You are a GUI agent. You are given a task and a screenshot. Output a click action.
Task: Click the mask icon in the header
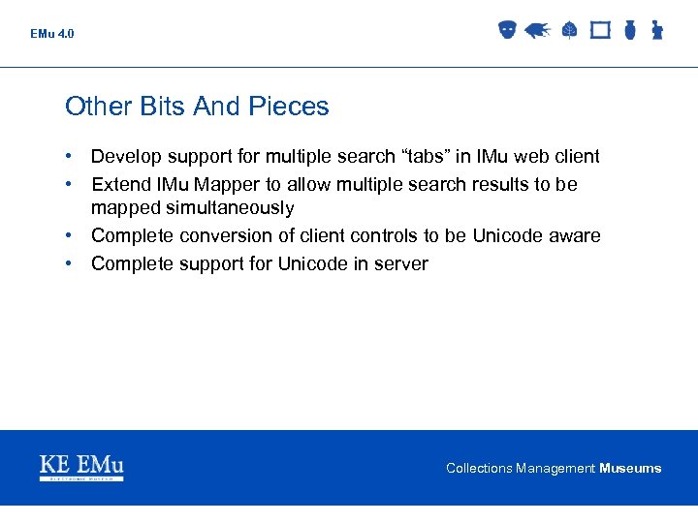tap(507, 31)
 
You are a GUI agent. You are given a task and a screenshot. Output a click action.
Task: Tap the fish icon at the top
tap(537, 31)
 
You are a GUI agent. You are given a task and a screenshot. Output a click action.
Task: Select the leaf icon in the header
tap(569, 31)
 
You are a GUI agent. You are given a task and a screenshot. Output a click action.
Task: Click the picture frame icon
tap(600, 31)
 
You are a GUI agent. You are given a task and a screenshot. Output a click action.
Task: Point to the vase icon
tap(629, 31)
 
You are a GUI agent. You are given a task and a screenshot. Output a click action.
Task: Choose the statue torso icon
tap(656, 31)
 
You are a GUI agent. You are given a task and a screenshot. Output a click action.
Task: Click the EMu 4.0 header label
tap(51, 34)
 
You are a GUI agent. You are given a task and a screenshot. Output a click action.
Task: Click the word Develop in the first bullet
tap(125, 157)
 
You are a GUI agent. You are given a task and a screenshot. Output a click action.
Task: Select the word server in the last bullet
tap(399, 263)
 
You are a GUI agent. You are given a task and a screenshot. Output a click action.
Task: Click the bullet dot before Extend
tap(71, 184)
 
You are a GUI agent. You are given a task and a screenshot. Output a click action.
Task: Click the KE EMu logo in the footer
tap(81, 467)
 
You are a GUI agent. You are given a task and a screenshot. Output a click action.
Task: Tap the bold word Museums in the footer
tap(630, 469)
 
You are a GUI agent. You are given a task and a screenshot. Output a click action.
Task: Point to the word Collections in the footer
tap(479, 469)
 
